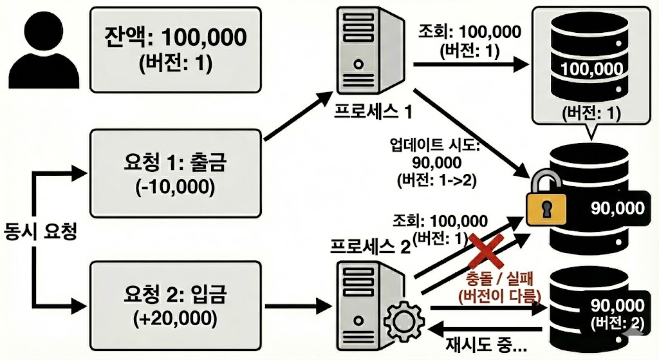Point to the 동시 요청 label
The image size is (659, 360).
(x=40, y=231)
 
